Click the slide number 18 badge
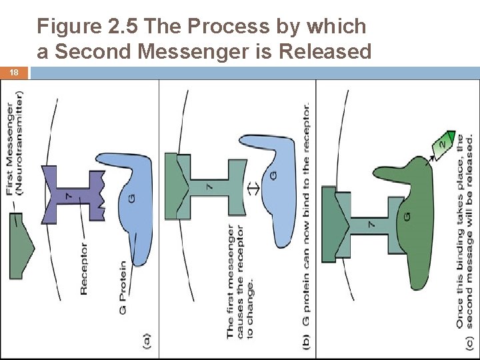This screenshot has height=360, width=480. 14,73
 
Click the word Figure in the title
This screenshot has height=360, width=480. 69,27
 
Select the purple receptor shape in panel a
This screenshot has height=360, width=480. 73,195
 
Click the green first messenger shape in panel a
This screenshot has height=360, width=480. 21,246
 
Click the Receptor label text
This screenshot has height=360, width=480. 83,269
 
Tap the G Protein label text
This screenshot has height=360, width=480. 123,288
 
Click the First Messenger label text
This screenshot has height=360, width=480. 10,149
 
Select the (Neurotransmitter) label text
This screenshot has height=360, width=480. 19,143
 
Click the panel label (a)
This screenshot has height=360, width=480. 147,341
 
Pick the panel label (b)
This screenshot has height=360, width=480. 306,341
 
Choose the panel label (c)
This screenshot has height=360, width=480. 469,343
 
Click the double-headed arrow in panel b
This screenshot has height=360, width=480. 253,188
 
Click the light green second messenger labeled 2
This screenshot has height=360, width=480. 443,145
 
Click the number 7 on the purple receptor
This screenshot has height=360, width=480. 69,196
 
